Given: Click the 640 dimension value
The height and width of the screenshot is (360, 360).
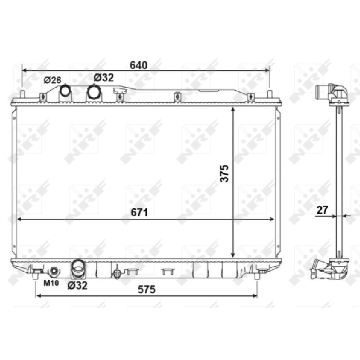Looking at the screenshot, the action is click(x=139, y=65).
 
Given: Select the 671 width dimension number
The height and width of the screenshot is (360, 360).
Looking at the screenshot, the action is click(x=139, y=212).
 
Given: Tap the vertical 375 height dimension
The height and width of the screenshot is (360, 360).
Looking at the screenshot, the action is click(x=224, y=174).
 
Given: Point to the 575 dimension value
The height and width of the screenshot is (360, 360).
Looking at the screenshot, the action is click(x=147, y=289).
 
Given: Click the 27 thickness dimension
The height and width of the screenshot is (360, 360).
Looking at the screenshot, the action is click(x=322, y=210).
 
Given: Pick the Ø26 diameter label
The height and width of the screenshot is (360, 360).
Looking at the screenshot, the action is click(x=52, y=80).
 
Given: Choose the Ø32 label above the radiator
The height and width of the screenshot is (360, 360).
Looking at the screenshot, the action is click(x=104, y=78).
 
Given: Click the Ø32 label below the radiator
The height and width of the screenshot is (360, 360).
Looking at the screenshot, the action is click(x=77, y=285).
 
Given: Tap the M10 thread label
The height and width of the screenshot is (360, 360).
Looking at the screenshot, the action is click(x=51, y=283).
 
